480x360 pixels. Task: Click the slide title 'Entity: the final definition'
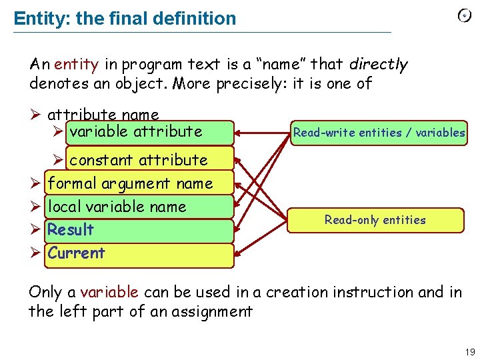click(x=125, y=19)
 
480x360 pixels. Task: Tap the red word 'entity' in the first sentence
click(x=76, y=65)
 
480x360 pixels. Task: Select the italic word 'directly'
click(x=378, y=65)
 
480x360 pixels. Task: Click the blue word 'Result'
click(x=71, y=230)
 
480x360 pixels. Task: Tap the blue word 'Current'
click(x=76, y=253)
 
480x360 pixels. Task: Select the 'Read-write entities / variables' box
click(x=379, y=133)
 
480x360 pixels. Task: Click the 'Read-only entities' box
click(x=375, y=220)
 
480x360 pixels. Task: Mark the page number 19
click(x=469, y=352)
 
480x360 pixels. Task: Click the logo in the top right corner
click(x=464, y=17)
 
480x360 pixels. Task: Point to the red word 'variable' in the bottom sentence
click(x=109, y=292)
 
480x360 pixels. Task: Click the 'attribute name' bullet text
click(x=103, y=115)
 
